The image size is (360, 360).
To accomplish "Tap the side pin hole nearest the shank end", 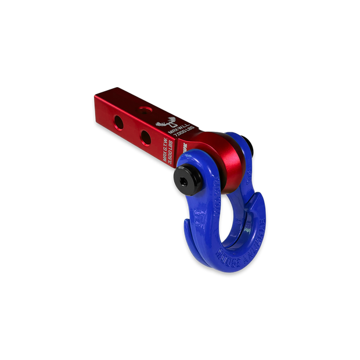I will click(118, 122).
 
